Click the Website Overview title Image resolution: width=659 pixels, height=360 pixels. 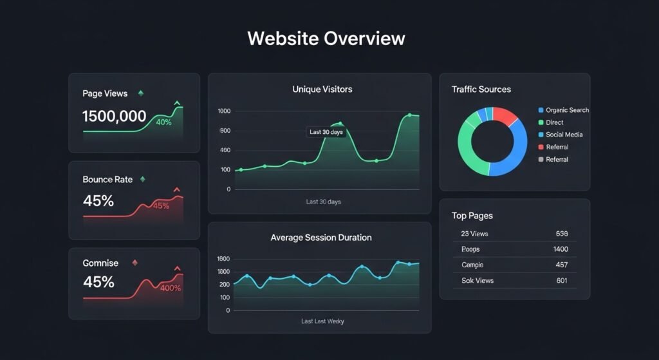326,38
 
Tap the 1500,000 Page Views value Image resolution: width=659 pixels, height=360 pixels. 114,117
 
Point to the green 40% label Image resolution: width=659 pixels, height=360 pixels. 163,122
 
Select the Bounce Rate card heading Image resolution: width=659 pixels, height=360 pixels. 107,179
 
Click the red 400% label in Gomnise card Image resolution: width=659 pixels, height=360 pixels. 171,288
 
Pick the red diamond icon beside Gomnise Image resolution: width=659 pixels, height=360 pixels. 135,263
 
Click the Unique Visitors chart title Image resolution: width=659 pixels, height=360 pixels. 322,90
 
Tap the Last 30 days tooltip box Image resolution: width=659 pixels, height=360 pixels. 326,132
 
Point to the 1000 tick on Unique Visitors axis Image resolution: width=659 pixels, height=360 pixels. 224,111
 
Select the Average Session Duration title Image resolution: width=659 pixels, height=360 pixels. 320,238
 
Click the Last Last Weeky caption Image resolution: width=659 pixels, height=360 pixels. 322,321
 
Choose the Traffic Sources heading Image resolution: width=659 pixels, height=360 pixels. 481,90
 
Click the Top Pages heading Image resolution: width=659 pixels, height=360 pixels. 472,216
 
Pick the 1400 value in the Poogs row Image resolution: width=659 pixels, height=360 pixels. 560,249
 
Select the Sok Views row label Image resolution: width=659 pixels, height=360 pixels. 477,281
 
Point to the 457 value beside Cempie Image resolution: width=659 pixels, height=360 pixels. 561,265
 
